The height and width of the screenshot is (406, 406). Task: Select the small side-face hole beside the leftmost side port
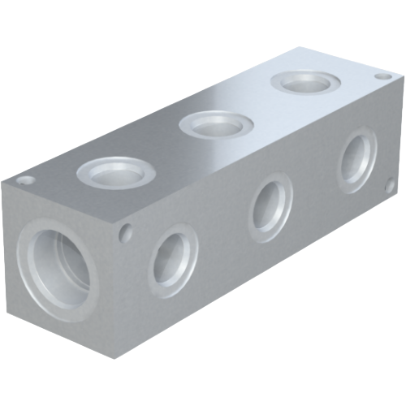(125, 233)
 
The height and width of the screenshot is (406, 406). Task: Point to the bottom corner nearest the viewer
(117, 361)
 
